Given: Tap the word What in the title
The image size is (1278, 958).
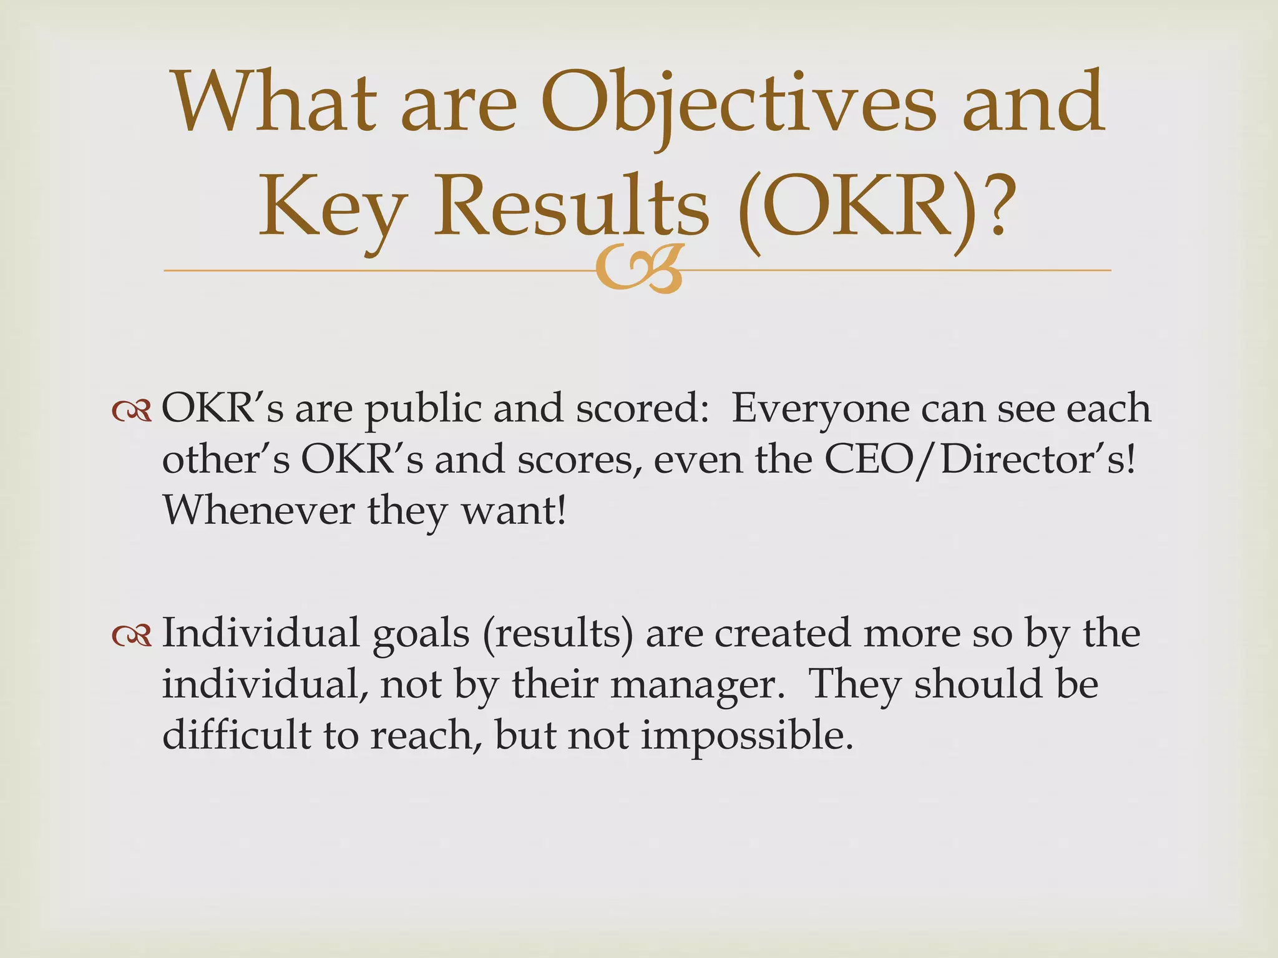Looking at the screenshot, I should tap(275, 104).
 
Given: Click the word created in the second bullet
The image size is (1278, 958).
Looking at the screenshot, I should tap(783, 632).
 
